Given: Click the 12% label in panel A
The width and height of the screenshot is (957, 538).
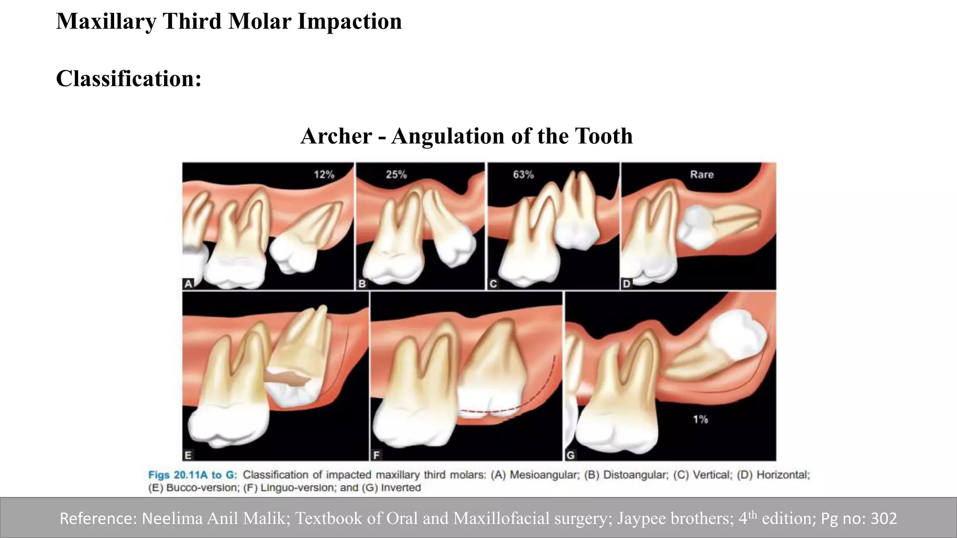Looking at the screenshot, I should point(324,175).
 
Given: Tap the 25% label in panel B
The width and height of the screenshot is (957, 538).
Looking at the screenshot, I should point(396,175).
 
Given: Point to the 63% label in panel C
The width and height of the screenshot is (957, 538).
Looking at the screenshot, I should point(523,175).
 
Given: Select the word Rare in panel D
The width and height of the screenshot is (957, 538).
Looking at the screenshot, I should point(701,175).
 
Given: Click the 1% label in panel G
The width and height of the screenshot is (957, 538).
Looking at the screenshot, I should point(700,419).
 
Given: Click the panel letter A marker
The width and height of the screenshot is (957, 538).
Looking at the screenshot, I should point(188,283).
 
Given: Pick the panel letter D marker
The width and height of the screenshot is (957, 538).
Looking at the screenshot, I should point(627,283).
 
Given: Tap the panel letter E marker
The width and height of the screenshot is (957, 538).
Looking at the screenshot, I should point(188,455).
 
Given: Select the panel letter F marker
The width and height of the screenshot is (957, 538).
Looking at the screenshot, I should point(376,455).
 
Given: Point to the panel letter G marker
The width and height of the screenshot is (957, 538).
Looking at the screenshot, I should point(571,455).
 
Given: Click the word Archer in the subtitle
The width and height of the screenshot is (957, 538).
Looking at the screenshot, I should point(336,136).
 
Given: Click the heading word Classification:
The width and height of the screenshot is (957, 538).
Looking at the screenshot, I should point(129,78).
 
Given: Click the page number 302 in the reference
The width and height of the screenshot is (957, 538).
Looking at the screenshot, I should point(884,518).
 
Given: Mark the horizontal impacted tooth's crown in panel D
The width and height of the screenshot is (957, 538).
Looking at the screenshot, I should point(694,227).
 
